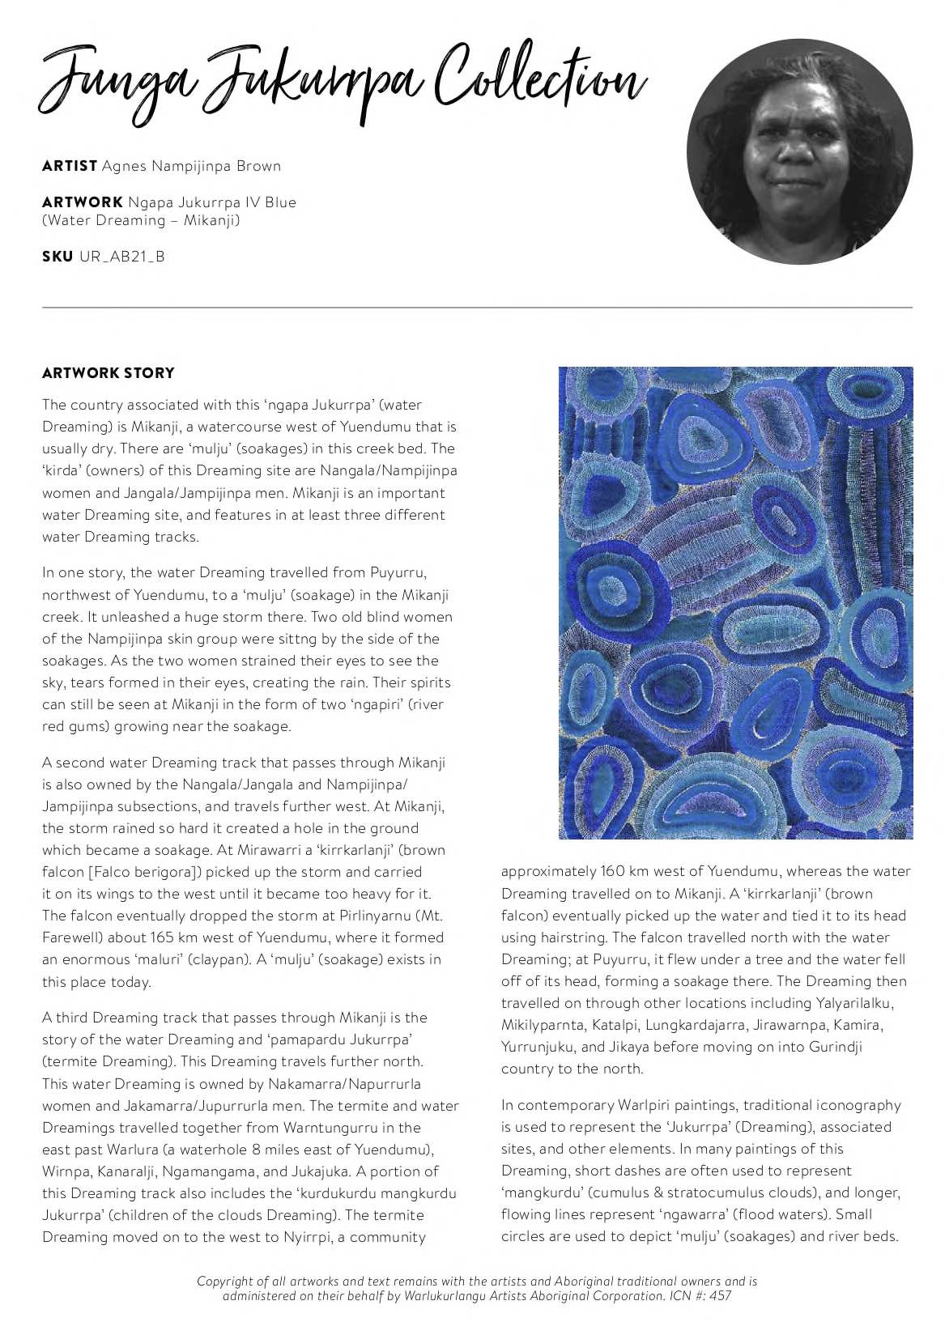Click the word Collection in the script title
tap(538, 81)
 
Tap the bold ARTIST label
tap(70, 166)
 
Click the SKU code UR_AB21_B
tap(121, 257)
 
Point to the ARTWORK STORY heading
tap(108, 373)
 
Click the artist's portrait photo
tap(798, 151)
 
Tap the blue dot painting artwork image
tap(735, 602)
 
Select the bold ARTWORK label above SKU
tap(82, 202)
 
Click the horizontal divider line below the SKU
tap(477, 308)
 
